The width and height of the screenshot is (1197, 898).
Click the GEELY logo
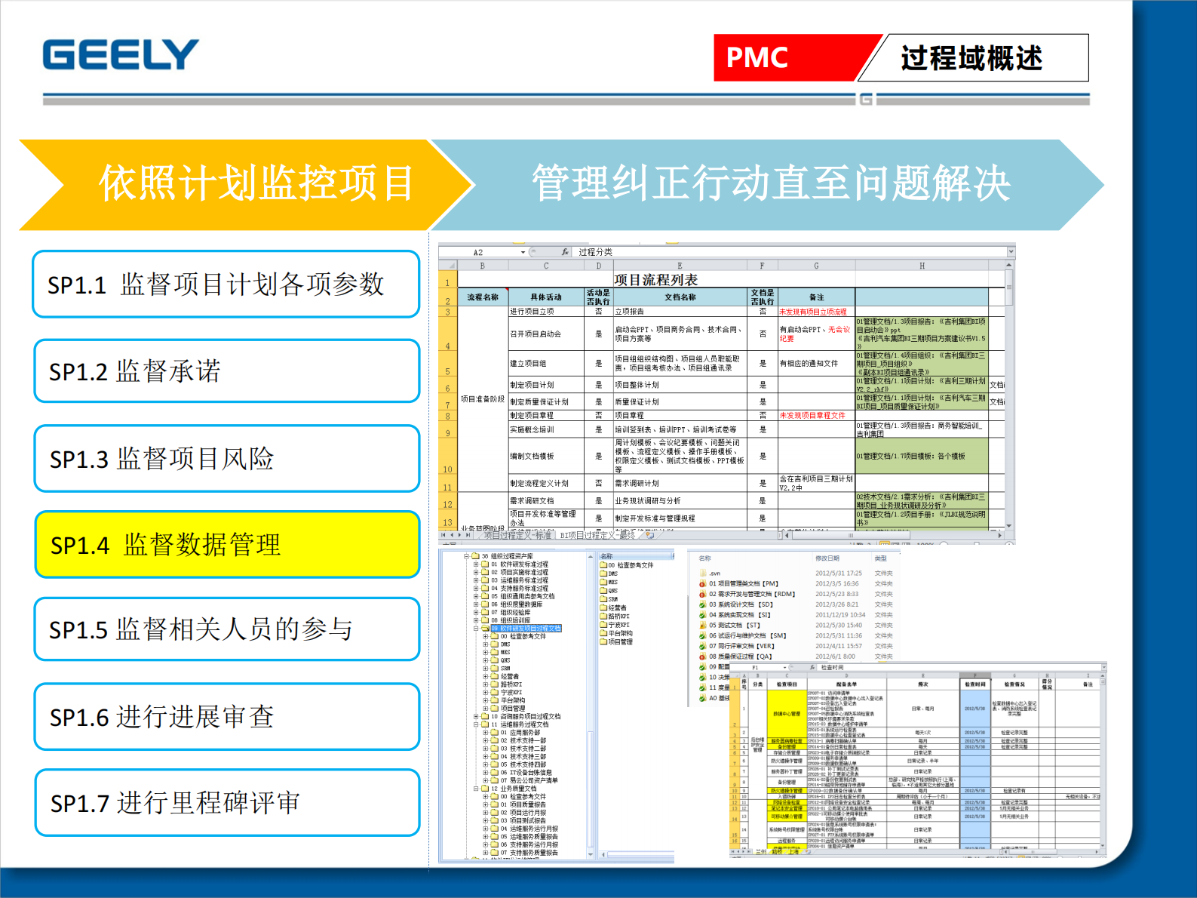point(121,55)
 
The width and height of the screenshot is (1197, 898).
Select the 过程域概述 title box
point(971,57)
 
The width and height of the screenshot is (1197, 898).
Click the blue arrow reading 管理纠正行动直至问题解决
point(769,183)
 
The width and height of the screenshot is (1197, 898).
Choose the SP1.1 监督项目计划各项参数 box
point(226,284)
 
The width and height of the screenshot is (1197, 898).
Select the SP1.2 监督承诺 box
point(226,371)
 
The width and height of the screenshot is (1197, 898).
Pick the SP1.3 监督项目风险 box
point(226,458)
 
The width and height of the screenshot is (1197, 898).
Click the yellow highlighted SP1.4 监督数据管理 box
point(226,544)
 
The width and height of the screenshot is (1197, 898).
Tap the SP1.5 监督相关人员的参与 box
point(226,629)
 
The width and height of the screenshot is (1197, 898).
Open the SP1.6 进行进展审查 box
point(226,716)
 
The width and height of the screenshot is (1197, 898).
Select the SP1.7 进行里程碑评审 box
point(226,802)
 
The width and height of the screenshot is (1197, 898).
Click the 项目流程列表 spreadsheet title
point(655,280)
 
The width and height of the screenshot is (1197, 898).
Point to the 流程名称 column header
point(483,297)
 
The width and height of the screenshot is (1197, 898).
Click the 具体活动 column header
point(546,297)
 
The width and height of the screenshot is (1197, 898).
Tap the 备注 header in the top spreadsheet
point(816,297)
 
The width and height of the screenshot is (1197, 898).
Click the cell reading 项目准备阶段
point(483,398)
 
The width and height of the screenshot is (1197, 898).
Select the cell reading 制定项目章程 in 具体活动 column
point(532,416)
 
